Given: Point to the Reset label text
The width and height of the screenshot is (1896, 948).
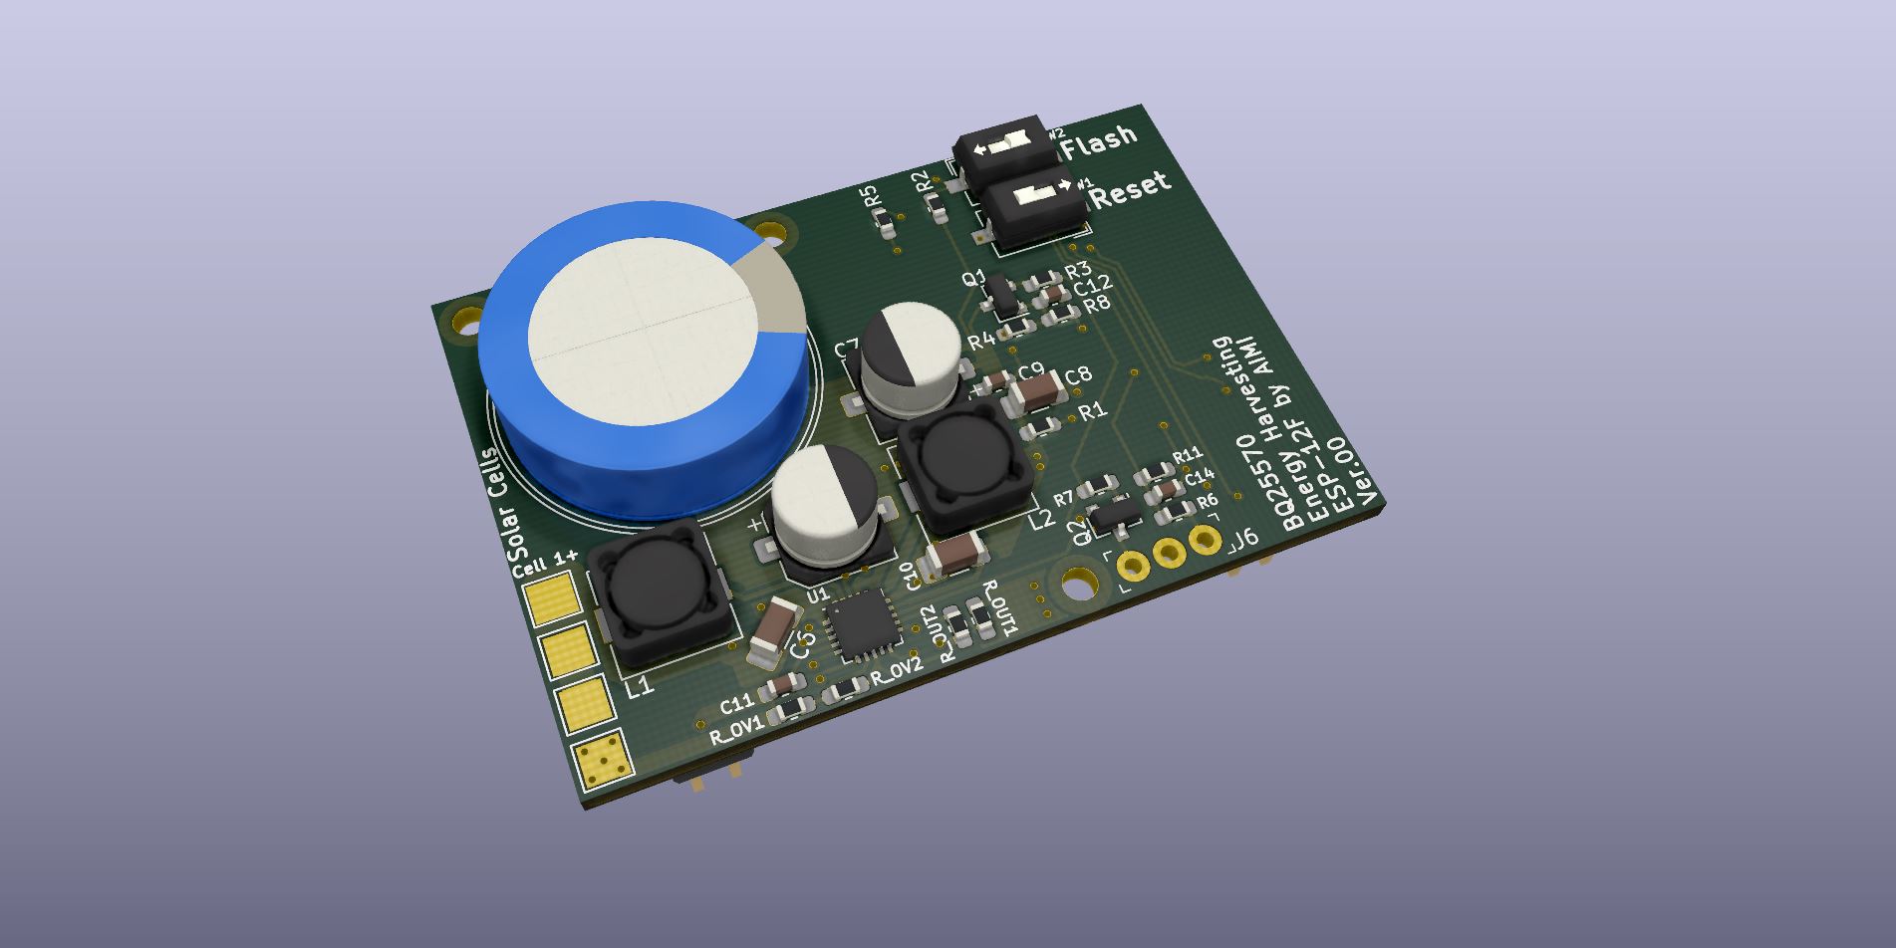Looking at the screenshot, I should click(1130, 189).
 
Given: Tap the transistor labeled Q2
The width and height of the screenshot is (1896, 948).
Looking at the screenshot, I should click(1114, 515).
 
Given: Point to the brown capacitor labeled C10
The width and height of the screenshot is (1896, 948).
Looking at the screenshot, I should click(955, 554).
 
